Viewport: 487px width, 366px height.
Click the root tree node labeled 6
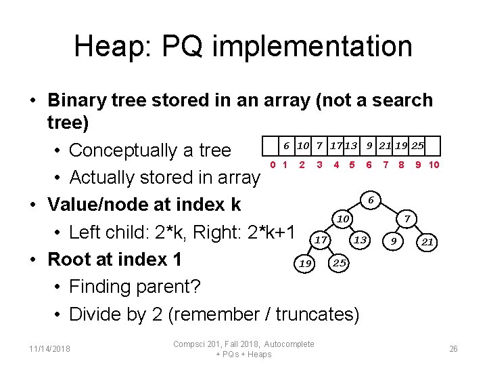(370, 200)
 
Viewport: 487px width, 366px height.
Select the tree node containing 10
(343, 219)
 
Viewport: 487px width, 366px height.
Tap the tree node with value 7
(407, 219)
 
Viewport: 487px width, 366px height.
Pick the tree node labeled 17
(321, 240)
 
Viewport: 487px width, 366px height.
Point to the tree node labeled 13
(361, 240)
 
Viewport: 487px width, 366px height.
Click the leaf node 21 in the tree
(427, 241)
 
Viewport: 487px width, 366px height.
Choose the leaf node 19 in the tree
(304, 262)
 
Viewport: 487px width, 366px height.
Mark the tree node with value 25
(340, 262)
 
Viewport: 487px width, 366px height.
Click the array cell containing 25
(418, 146)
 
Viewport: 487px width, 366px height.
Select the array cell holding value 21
(386, 146)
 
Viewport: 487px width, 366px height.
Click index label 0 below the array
(272, 165)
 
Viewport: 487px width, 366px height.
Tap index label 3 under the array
(319, 165)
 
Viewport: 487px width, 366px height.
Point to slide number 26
(453, 348)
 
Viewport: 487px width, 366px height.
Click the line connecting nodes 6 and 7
(389, 209)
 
